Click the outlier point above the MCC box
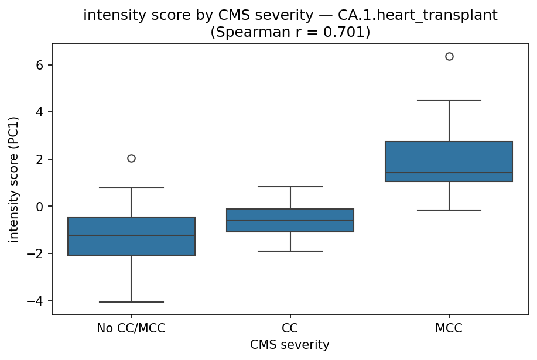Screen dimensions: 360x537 [449, 56]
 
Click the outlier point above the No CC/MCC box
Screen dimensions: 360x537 [131, 158]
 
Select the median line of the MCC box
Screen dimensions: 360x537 [449, 173]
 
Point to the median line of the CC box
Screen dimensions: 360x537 [290, 220]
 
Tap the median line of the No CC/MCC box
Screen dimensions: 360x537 [131, 235]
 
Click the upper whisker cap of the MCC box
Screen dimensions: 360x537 [449, 100]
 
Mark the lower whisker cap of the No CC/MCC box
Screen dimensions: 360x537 [131, 302]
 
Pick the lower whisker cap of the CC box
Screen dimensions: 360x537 [290, 251]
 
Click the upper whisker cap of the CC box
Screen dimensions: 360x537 [290, 187]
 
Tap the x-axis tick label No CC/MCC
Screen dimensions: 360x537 [131, 328]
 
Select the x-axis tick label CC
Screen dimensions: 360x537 [290, 328]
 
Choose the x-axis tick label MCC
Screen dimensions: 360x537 [449, 328]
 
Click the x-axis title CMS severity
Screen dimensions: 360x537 [290, 345]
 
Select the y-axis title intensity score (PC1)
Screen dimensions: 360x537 [13, 179]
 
